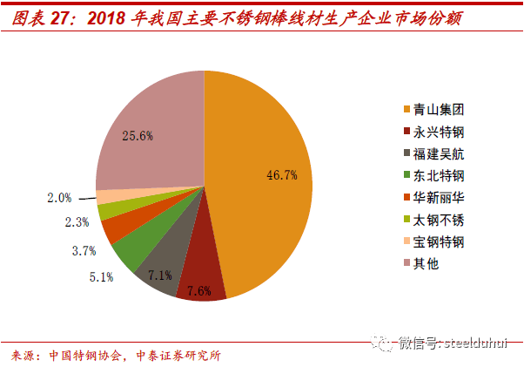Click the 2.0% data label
tap(59, 198)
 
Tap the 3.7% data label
tap(83, 251)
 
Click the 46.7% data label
tap(282, 174)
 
